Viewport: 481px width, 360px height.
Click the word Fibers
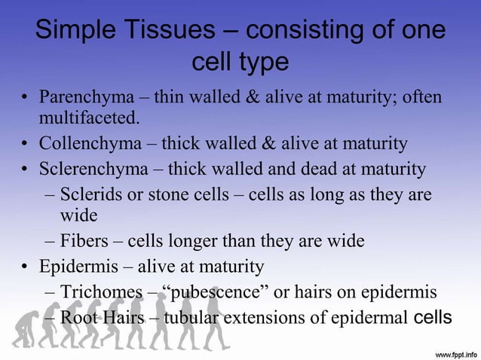[84, 242]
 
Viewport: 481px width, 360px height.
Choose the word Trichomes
[98, 291]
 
